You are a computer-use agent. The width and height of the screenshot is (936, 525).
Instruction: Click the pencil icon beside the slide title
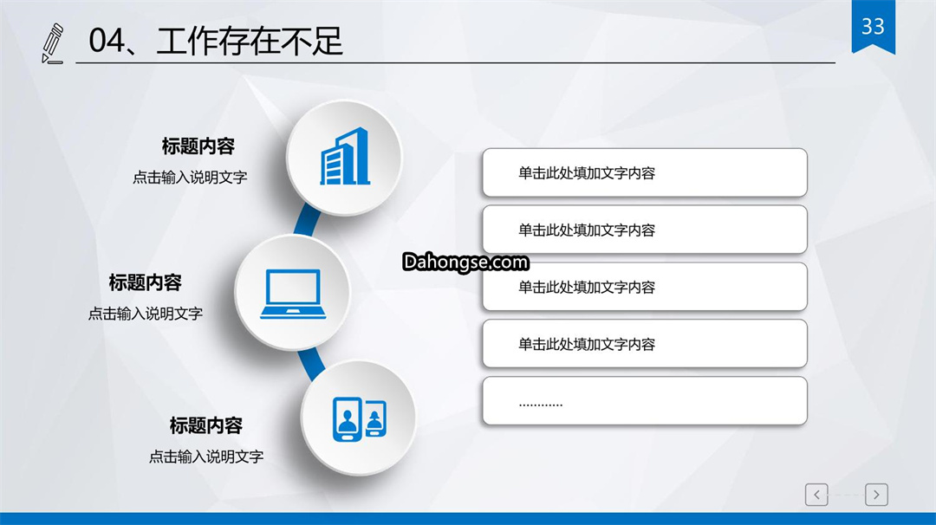click(x=53, y=43)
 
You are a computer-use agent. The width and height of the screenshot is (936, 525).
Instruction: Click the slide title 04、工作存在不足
click(x=216, y=42)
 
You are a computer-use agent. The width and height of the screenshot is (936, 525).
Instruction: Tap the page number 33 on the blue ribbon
click(x=873, y=26)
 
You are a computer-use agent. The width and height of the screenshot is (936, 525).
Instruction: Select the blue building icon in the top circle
click(x=345, y=156)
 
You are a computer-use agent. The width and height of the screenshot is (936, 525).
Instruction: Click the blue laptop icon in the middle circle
click(x=293, y=294)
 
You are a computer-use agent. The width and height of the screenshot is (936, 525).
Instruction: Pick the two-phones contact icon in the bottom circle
click(x=360, y=418)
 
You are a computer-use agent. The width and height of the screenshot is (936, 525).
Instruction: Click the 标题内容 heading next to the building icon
click(x=198, y=146)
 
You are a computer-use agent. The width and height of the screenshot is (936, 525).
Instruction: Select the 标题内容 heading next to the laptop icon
click(x=145, y=282)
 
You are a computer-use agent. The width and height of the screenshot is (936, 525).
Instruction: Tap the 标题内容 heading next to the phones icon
click(x=206, y=425)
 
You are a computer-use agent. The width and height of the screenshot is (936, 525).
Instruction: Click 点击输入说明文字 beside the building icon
click(x=190, y=178)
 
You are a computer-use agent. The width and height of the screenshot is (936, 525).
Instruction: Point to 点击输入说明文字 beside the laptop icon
click(x=146, y=314)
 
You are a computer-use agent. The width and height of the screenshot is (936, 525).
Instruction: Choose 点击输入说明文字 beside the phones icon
click(x=206, y=457)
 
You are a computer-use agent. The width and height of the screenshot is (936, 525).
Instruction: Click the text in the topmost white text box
click(x=587, y=173)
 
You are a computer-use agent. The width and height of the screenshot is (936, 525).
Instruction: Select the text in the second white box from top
click(x=587, y=230)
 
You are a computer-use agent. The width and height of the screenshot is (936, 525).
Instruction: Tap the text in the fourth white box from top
click(x=587, y=344)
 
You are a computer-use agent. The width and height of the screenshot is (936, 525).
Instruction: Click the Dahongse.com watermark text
click(x=465, y=262)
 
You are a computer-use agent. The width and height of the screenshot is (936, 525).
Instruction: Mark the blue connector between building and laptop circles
click(x=307, y=219)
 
